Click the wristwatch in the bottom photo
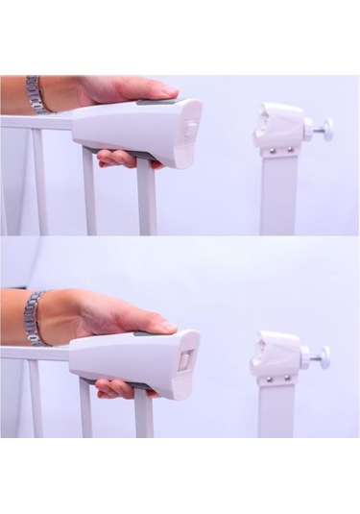tap(35, 317)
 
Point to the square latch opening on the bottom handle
tap(185, 360)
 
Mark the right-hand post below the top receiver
tap(278, 197)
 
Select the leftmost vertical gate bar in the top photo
tap(40, 183)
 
